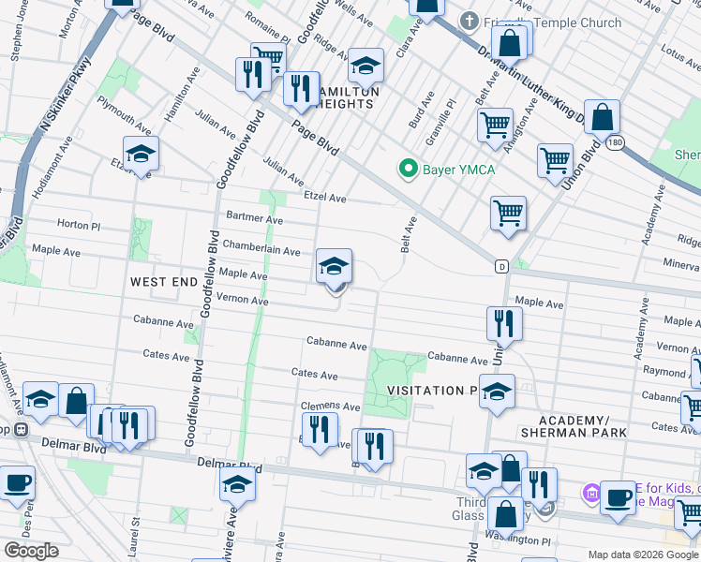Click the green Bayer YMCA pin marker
(x=408, y=170)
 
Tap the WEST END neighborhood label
(x=164, y=282)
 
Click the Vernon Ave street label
(x=242, y=301)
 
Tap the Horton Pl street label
(x=78, y=225)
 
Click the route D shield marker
(x=502, y=267)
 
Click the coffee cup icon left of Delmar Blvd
(x=17, y=484)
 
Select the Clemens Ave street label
(x=330, y=407)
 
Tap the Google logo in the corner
(x=31, y=551)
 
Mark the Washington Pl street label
(x=514, y=540)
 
